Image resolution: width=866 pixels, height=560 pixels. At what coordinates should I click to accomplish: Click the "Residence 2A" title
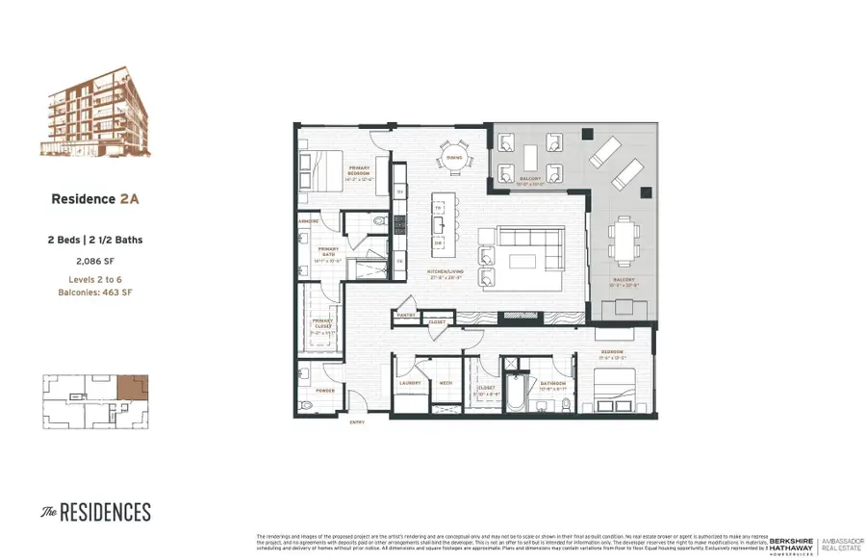pyautogui.click(x=95, y=199)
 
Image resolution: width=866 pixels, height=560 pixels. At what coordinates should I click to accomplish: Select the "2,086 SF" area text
pyautogui.click(x=95, y=260)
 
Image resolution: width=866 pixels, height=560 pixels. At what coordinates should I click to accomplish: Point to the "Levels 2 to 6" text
pyautogui.click(x=95, y=278)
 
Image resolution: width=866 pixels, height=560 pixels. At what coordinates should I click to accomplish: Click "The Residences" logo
pyautogui.click(x=95, y=511)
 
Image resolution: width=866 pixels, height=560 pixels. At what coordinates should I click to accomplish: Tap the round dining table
pyautogui.click(x=452, y=158)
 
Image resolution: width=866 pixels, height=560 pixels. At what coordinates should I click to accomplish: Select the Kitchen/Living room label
pyautogui.click(x=445, y=271)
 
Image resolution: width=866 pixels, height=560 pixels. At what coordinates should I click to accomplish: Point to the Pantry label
pyautogui.click(x=406, y=314)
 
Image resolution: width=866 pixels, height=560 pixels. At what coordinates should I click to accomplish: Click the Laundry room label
pyautogui.click(x=410, y=382)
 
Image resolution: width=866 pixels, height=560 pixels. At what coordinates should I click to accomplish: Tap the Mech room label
pyautogui.click(x=446, y=382)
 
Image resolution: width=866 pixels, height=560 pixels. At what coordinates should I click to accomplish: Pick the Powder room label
pyautogui.click(x=324, y=391)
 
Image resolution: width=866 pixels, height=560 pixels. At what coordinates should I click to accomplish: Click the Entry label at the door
pyautogui.click(x=357, y=422)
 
